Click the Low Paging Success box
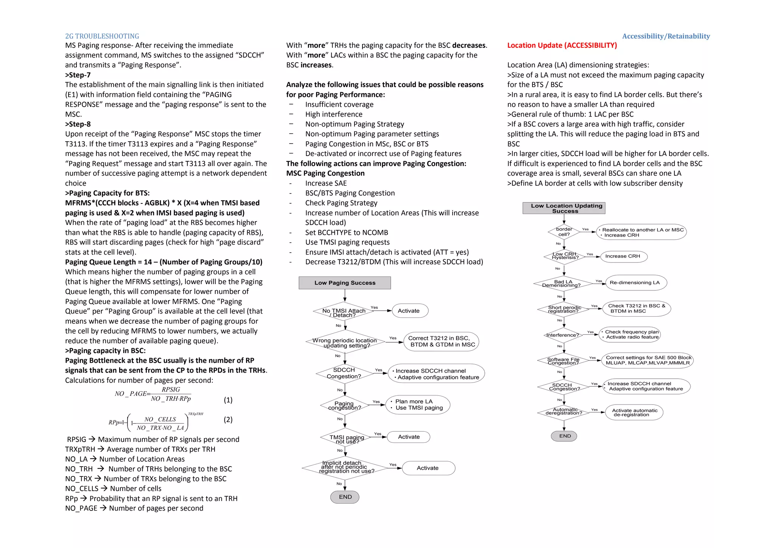[x=345, y=283]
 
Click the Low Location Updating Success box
[x=564, y=208]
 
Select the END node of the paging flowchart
[x=345, y=497]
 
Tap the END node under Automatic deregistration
[x=564, y=436]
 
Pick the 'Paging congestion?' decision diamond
[x=344, y=405]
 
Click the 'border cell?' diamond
[x=564, y=232]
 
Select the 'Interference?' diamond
[x=563, y=335]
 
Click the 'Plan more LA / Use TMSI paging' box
[x=418, y=404]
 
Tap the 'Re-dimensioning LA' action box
[x=635, y=283]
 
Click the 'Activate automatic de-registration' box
[x=635, y=412]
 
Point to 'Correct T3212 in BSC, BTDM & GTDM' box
[x=441, y=341]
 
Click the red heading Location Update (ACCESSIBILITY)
[x=562, y=45]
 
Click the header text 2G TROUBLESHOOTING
[x=102, y=36]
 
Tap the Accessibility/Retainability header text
[x=666, y=36]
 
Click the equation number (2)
[x=228, y=420]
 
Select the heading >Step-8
[x=78, y=124]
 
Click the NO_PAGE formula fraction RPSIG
[x=171, y=390]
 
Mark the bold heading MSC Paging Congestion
[x=325, y=173]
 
